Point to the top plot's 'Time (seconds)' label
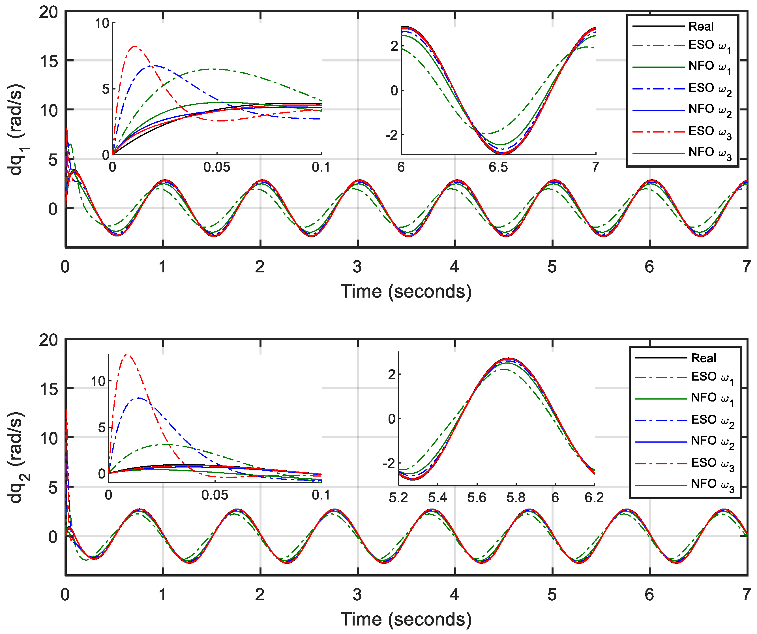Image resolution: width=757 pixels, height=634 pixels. coord(406,291)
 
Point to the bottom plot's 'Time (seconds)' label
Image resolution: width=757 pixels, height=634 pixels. coord(406,619)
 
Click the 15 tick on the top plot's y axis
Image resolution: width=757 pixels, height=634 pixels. coord(49,61)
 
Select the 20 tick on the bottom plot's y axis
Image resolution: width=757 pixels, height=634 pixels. coord(49,340)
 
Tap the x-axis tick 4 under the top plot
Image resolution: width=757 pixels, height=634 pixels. coord(454,267)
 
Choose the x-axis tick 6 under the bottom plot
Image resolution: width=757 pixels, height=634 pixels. coord(649,595)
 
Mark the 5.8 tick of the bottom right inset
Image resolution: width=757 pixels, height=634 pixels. coord(516,498)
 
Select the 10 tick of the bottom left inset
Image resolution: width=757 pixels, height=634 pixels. coord(98,381)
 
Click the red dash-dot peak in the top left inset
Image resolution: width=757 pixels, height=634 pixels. coord(135,46)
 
